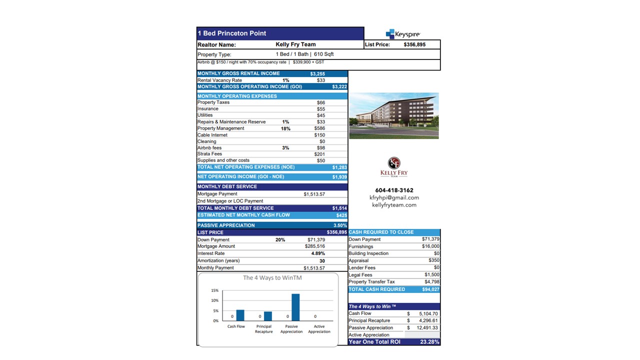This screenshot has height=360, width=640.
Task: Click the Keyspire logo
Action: click(403, 34)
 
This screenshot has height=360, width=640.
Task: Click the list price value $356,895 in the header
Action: click(414, 44)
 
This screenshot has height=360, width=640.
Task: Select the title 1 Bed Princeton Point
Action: click(232, 33)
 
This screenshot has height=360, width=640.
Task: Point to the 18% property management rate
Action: click(285, 128)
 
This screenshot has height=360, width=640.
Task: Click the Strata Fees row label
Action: click(209, 154)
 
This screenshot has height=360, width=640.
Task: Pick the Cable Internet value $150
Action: click(319, 135)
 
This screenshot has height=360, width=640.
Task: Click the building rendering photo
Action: click(393, 115)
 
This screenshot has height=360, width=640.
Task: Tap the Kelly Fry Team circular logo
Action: click(394, 163)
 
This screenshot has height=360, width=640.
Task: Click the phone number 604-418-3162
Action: click(394, 190)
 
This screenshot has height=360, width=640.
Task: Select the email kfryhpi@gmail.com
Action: click(394, 197)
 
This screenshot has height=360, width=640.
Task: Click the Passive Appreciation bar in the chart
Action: click(295, 307)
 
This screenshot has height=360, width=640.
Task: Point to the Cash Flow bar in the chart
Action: click(240, 315)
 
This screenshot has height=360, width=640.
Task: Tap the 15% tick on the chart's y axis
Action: click(215, 290)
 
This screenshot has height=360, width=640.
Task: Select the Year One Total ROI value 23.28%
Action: click(430, 342)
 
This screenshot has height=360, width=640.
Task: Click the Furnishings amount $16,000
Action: click(430, 246)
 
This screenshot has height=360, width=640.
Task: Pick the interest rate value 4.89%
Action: click(318, 253)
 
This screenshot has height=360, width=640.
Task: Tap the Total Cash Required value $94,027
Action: click(430, 289)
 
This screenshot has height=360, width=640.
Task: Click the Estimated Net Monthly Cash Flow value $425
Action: click(341, 215)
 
